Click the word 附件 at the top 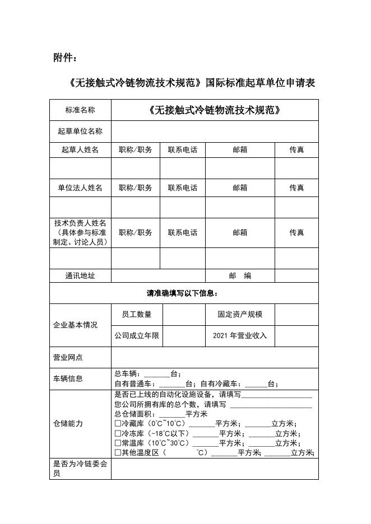tap(63, 58)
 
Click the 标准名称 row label tap(80, 110)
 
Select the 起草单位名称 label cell tap(80, 132)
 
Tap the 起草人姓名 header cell tap(80, 150)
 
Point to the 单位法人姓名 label tap(80, 188)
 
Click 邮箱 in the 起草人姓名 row tap(240, 150)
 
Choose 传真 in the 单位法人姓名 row tap(296, 188)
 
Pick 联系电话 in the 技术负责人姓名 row tap(182, 233)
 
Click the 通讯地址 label tap(80, 276)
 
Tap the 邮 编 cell tap(240, 276)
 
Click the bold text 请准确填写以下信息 tap(183, 293)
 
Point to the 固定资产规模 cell tap(240, 315)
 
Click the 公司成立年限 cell tap(137, 336)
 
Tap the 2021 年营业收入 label tap(240, 336)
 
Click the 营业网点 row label tap(68, 357)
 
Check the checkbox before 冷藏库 tap(117, 424)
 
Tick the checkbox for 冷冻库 tap(117, 434)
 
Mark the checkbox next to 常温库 tap(117, 443)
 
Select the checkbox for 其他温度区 tap(117, 453)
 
